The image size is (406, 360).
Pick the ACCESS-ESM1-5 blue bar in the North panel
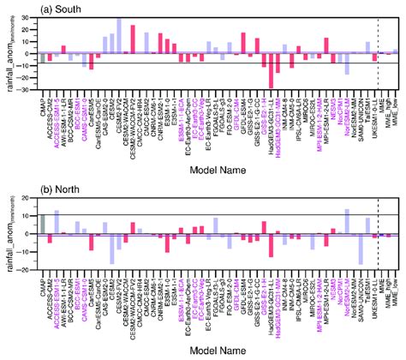[57, 222]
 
